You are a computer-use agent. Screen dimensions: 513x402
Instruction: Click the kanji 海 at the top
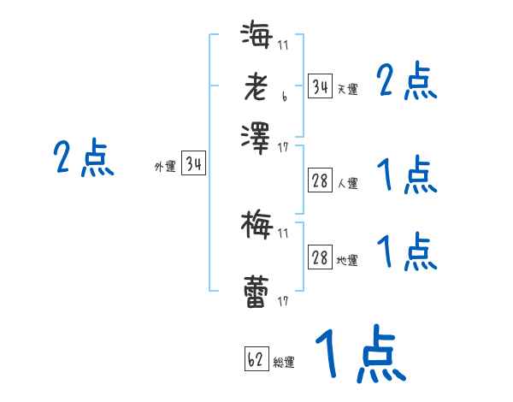pyautogui.click(x=257, y=37)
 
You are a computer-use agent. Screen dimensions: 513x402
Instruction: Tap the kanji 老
pyautogui.click(x=257, y=86)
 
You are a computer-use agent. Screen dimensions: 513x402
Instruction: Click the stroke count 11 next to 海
pyautogui.click(x=283, y=45)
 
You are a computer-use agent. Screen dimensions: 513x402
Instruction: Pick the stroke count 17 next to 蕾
pyautogui.click(x=283, y=301)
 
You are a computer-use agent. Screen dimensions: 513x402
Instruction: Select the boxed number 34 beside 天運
pyautogui.click(x=320, y=87)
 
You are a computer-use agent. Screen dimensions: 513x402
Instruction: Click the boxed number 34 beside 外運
pyautogui.click(x=193, y=165)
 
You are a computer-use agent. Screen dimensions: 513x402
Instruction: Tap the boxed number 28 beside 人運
pyautogui.click(x=320, y=180)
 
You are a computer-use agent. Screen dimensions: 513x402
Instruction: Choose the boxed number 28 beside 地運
pyautogui.click(x=320, y=258)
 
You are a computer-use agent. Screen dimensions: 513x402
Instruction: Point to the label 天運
pyautogui.click(x=347, y=89)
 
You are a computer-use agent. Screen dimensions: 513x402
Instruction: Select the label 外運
pyautogui.click(x=165, y=167)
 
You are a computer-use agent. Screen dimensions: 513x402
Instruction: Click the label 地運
pyautogui.click(x=347, y=260)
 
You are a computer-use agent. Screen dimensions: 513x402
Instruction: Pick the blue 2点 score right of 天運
pyautogui.click(x=407, y=83)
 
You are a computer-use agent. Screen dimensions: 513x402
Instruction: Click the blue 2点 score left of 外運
pyautogui.click(x=83, y=159)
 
